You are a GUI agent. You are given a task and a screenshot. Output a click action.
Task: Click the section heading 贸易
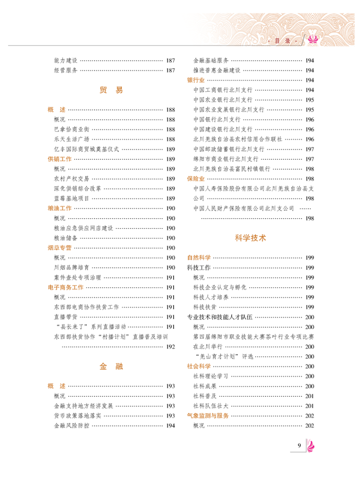(111, 90)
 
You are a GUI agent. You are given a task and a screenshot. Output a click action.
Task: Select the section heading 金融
(111, 367)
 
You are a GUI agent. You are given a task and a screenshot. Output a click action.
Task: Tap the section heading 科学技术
(251, 238)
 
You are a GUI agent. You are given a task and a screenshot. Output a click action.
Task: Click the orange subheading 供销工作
(59, 159)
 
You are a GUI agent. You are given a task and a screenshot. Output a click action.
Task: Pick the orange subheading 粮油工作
(59, 208)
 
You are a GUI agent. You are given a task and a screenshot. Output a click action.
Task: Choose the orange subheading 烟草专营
(59, 248)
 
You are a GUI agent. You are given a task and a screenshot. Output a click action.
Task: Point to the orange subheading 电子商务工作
(66, 288)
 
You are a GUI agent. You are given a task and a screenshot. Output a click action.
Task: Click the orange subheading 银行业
(196, 80)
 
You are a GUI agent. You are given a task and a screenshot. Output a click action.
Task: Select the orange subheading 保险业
(196, 179)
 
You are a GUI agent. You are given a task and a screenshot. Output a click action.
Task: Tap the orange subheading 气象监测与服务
(208, 416)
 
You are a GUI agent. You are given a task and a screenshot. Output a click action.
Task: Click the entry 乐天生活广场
(72, 139)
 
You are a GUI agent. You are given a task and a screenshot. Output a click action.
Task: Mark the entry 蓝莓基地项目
(72, 198)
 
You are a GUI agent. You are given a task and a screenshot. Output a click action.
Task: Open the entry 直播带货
(66, 317)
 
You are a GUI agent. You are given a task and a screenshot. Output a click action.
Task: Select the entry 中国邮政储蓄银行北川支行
(229, 149)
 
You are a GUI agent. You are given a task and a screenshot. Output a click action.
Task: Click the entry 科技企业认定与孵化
(220, 288)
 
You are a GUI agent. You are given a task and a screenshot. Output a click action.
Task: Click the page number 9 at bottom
(299, 446)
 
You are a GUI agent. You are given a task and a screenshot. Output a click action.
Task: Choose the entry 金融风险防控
(72, 426)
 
